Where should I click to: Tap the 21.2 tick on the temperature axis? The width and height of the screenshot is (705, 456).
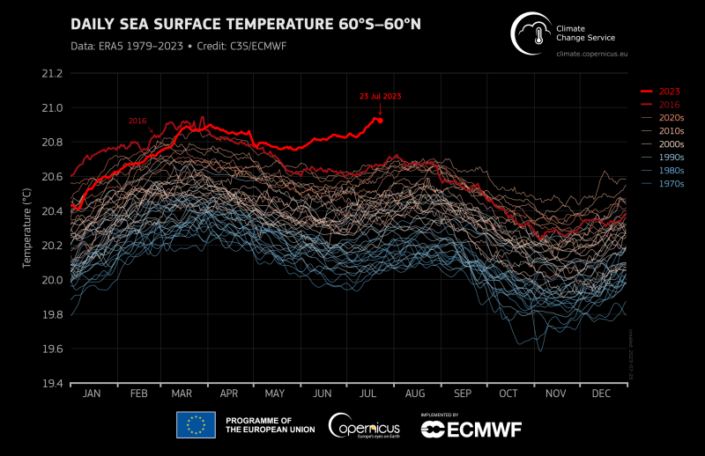(x=51, y=73)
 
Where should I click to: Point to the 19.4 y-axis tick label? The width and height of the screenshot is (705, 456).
(x=51, y=384)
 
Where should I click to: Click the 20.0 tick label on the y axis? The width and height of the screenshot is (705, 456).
(x=51, y=280)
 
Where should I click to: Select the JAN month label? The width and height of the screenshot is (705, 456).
(x=92, y=393)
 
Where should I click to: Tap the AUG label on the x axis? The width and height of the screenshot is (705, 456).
(x=415, y=393)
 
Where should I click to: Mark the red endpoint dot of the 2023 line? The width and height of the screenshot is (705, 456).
(x=380, y=120)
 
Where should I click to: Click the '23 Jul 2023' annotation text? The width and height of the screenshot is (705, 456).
(x=379, y=96)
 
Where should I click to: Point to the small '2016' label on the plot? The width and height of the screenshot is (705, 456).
(x=137, y=121)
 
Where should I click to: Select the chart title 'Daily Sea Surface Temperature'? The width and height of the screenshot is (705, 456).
(x=245, y=23)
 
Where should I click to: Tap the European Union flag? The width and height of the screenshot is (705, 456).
(x=196, y=425)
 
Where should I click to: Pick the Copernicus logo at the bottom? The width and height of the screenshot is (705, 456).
(x=362, y=426)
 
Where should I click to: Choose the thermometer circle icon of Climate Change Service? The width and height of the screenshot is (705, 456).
(x=531, y=33)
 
